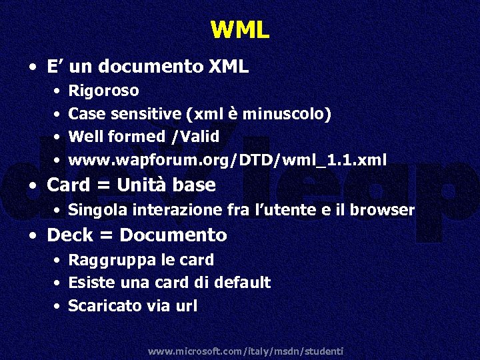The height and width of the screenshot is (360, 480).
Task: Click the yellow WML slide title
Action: click(x=240, y=29)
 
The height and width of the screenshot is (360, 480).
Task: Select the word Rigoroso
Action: click(x=103, y=90)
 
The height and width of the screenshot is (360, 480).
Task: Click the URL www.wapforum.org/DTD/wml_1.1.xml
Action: click(x=227, y=160)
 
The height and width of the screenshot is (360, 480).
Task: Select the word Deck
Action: click(x=70, y=235)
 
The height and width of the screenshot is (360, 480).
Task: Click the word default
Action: click(x=243, y=283)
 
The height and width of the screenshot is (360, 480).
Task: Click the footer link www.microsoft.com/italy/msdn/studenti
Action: click(x=245, y=351)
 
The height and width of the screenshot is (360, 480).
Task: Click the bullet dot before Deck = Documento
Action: click(x=33, y=235)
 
